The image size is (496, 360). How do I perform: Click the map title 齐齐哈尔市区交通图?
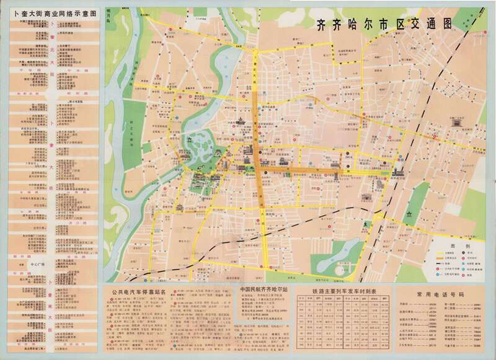(x=385, y=25)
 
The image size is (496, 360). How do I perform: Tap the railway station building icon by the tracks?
(x=397, y=171)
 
